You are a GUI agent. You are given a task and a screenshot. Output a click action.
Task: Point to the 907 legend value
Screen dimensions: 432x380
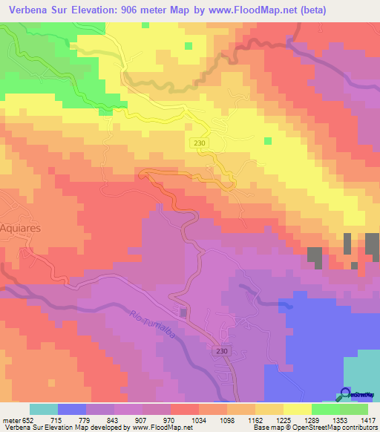pos(143,419)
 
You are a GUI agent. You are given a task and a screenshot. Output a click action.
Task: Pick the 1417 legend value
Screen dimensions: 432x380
pos(367,419)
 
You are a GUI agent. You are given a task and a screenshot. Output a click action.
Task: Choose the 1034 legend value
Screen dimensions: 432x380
pos(200,419)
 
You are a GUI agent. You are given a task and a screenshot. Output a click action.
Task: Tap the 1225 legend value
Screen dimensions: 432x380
pos(284,419)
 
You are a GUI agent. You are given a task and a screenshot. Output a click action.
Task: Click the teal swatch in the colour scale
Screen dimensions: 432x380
pos(44,409)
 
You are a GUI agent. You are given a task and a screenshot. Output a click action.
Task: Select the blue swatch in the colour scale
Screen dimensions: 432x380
pos(72,409)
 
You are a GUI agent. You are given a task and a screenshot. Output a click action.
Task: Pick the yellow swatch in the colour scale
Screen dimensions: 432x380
pos(297,409)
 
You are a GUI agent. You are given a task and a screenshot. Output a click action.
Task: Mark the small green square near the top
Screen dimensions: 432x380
pos(189,46)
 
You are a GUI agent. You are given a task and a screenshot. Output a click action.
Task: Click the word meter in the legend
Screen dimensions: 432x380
pos(9,419)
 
